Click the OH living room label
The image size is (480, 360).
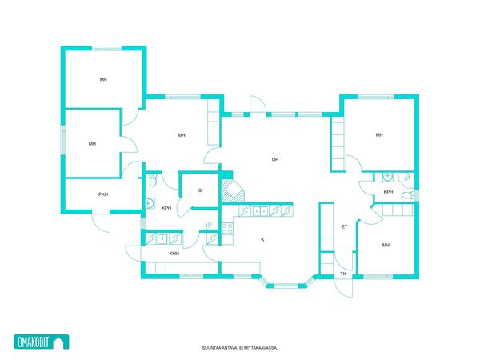(275, 159)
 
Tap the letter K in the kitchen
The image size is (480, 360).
(262, 240)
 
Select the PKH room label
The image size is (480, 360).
(103, 194)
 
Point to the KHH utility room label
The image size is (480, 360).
(174, 254)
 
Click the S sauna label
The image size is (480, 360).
(200, 190)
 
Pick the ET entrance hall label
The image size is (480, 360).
(344, 227)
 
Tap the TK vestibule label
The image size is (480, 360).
(343, 274)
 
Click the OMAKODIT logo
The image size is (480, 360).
(42, 342)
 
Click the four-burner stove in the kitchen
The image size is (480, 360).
(227, 229)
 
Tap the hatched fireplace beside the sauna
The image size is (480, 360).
(233, 190)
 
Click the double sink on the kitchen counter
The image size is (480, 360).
(260, 211)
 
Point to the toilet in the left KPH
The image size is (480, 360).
(153, 180)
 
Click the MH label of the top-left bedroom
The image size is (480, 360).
(103, 79)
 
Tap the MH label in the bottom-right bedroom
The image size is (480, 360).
(386, 245)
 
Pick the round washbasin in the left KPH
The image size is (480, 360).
(150, 203)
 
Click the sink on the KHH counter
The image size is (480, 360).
(162, 238)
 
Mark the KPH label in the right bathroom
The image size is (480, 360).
(388, 192)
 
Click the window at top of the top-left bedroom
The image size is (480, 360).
(107, 48)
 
